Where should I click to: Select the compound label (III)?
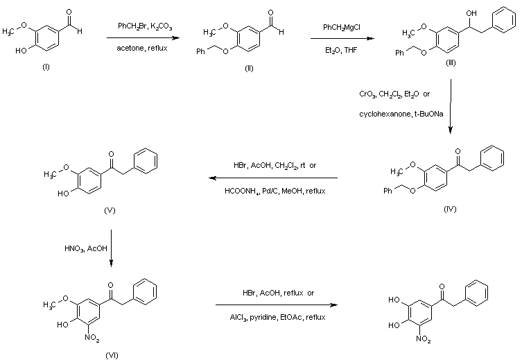(x=451, y=62)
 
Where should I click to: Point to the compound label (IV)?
(x=451, y=208)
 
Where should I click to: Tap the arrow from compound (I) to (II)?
(x=144, y=37)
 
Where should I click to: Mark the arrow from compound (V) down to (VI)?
(x=112, y=248)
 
